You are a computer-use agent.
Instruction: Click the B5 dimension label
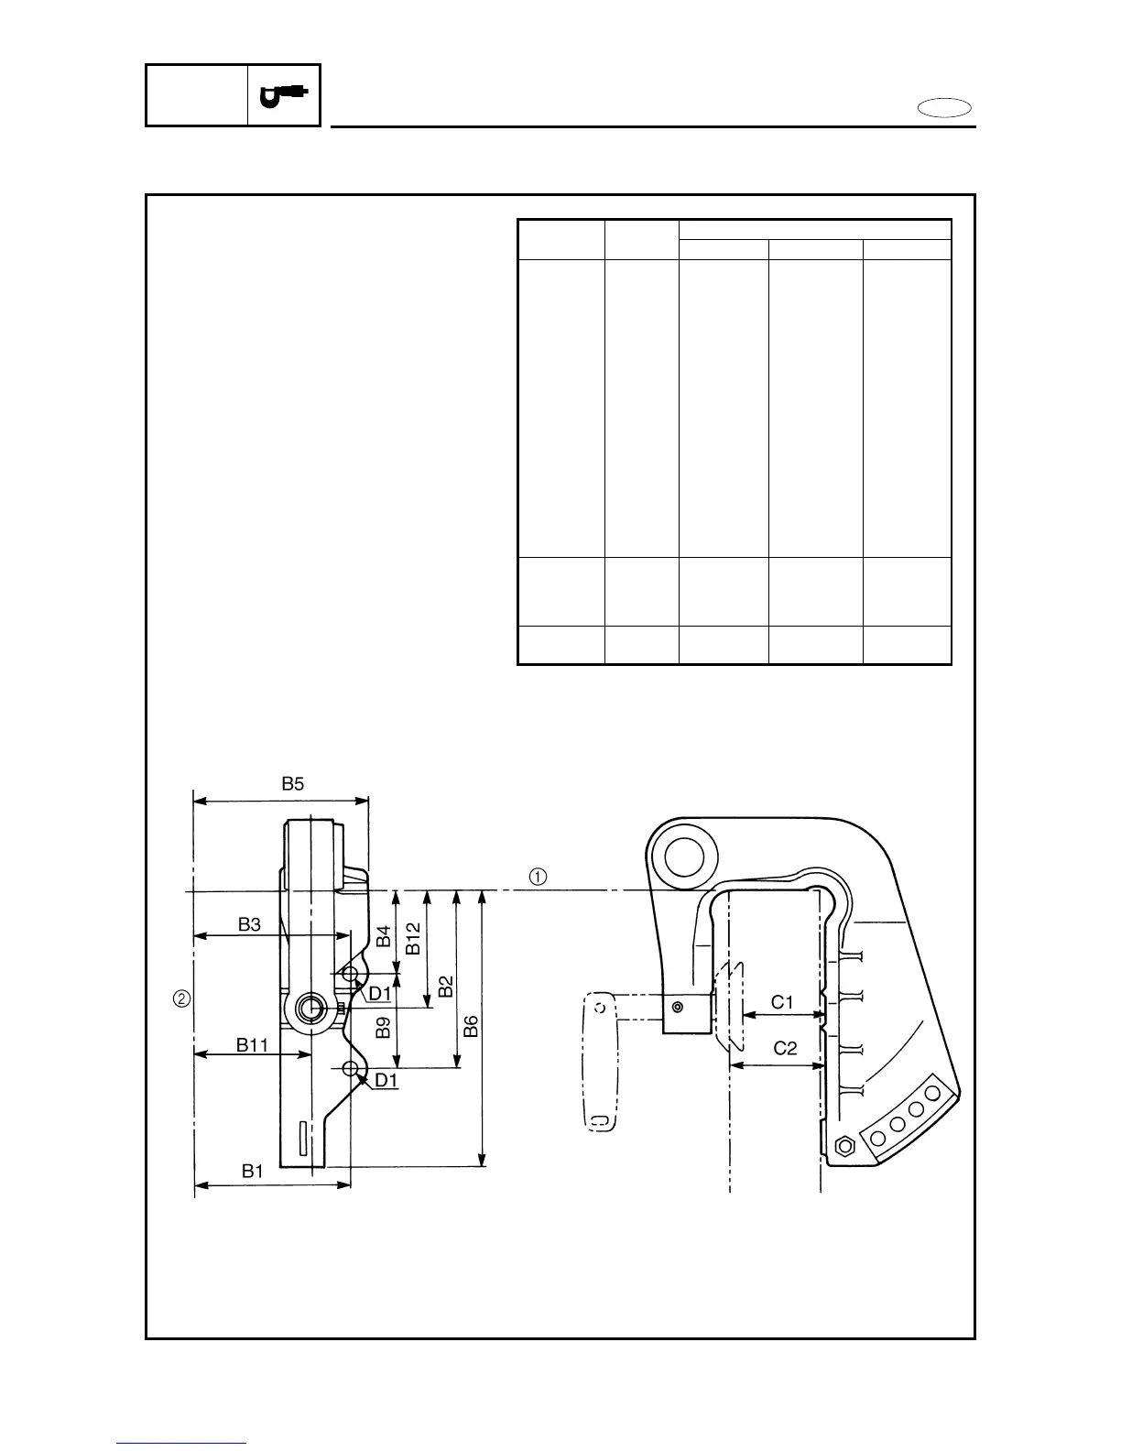[292, 784]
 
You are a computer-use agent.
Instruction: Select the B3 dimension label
[249, 924]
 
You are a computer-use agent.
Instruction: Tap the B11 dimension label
[252, 1044]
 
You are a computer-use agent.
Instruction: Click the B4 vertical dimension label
[384, 936]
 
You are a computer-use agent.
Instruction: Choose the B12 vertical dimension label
[413, 939]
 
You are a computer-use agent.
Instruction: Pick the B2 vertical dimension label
[446, 987]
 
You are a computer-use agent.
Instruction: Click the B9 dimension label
[384, 1028]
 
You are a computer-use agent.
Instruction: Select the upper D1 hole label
[379, 993]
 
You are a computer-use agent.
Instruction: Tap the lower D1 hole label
[386, 1080]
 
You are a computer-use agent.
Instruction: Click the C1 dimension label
[781, 1002]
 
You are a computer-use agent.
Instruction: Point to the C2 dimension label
[786, 1049]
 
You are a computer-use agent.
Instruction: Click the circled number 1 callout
[538, 876]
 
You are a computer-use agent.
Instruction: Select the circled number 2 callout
[182, 998]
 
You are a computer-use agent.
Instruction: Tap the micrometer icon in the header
[284, 95]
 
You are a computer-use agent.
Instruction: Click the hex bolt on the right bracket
[845, 1145]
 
